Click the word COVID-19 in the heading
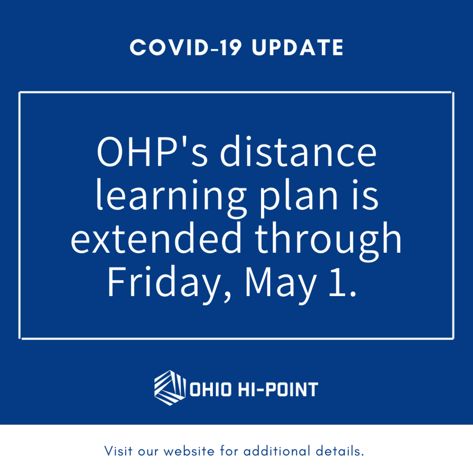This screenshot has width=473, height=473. [186, 48]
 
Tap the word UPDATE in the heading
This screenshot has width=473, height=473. [298, 48]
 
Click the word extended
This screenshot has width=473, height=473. [156, 238]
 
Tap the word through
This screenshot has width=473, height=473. [328, 241]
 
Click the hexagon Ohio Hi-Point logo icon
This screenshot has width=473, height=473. [170, 388]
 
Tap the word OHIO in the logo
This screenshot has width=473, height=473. [211, 389]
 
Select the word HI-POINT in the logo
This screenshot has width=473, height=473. [278, 389]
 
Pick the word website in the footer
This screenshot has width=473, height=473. [189, 451]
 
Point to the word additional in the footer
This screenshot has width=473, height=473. [277, 451]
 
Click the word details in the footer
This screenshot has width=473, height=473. [340, 451]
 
